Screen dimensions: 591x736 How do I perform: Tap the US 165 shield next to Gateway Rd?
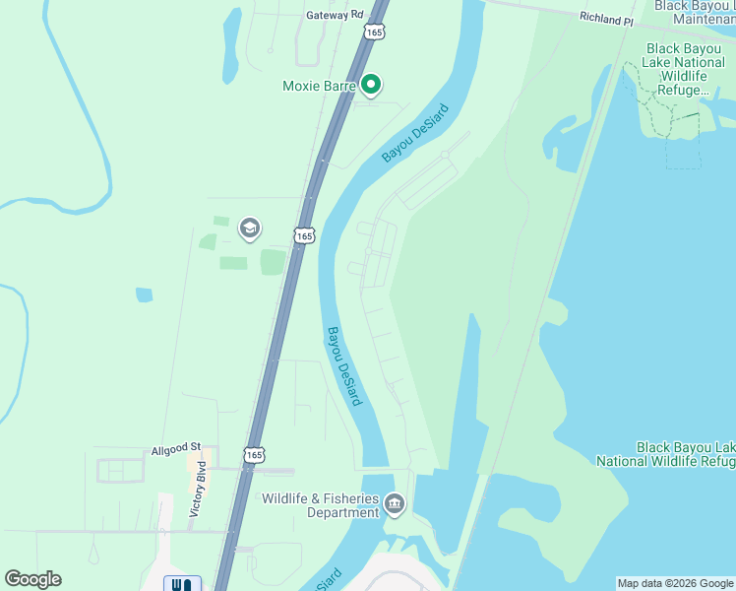click(374, 33)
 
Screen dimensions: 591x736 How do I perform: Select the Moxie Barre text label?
click(318, 87)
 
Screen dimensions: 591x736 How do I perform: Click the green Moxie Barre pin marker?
click(371, 86)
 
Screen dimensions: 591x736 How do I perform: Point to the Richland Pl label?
click(606, 19)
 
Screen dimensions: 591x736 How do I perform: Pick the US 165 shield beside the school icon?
click(304, 235)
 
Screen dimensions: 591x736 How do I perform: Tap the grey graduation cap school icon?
click(250, 230)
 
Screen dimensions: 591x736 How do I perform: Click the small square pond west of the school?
click(145, 295)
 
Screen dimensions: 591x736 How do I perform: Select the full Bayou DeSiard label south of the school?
click(344, 365)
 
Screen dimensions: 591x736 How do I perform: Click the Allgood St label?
click(176, 449)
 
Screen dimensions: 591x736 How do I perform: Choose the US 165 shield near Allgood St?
click(254, 454)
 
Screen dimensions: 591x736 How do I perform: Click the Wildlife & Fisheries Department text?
click(320, 505)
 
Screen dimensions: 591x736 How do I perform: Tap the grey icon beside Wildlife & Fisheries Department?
click(395, 505)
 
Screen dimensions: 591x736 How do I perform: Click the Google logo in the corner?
click(32, 579)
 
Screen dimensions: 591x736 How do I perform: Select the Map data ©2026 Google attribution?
click(675, 583)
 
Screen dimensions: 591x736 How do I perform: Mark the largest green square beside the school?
click(273, 262)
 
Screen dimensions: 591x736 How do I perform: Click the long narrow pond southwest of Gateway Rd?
click(231, 44)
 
